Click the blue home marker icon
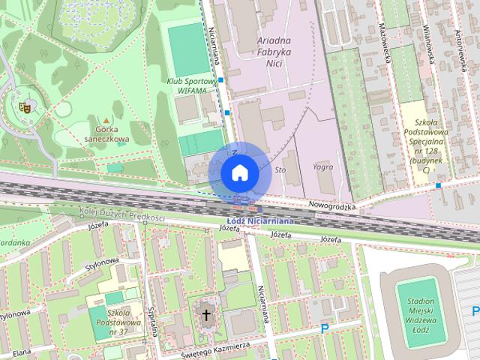(x=240, y=172)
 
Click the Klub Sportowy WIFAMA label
(x=192, y=85)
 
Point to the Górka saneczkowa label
(x=107, y=133)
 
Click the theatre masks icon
(x=24, y=106)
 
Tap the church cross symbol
(x=206, y=316)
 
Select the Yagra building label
(x=324, y=167)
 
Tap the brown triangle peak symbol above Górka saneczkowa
(x=107, y=120)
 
